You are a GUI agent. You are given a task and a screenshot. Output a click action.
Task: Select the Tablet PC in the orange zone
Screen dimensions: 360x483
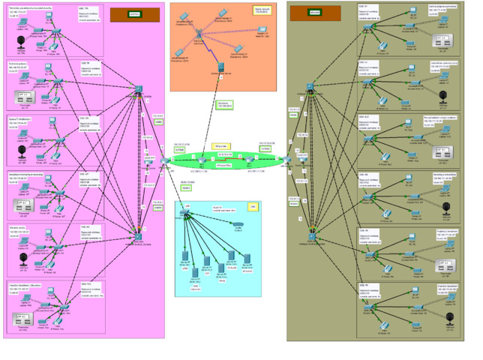click(262, 30)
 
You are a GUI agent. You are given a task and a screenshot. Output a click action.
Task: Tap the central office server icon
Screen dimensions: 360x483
click(222, 68)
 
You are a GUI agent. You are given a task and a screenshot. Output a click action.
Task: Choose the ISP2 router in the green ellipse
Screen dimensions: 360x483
click(247, 160)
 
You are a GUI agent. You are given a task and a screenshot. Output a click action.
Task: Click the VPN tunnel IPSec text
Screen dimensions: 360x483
click(223, 166)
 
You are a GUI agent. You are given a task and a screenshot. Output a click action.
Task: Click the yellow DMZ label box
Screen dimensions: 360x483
click(253, 205)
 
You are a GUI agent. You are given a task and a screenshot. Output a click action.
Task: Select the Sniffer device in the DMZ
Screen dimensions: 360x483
click(238, 223)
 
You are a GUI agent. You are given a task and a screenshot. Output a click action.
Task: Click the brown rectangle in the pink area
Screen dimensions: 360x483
click(134, 14)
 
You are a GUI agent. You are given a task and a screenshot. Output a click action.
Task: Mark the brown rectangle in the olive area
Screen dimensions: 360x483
click(304, 13)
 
